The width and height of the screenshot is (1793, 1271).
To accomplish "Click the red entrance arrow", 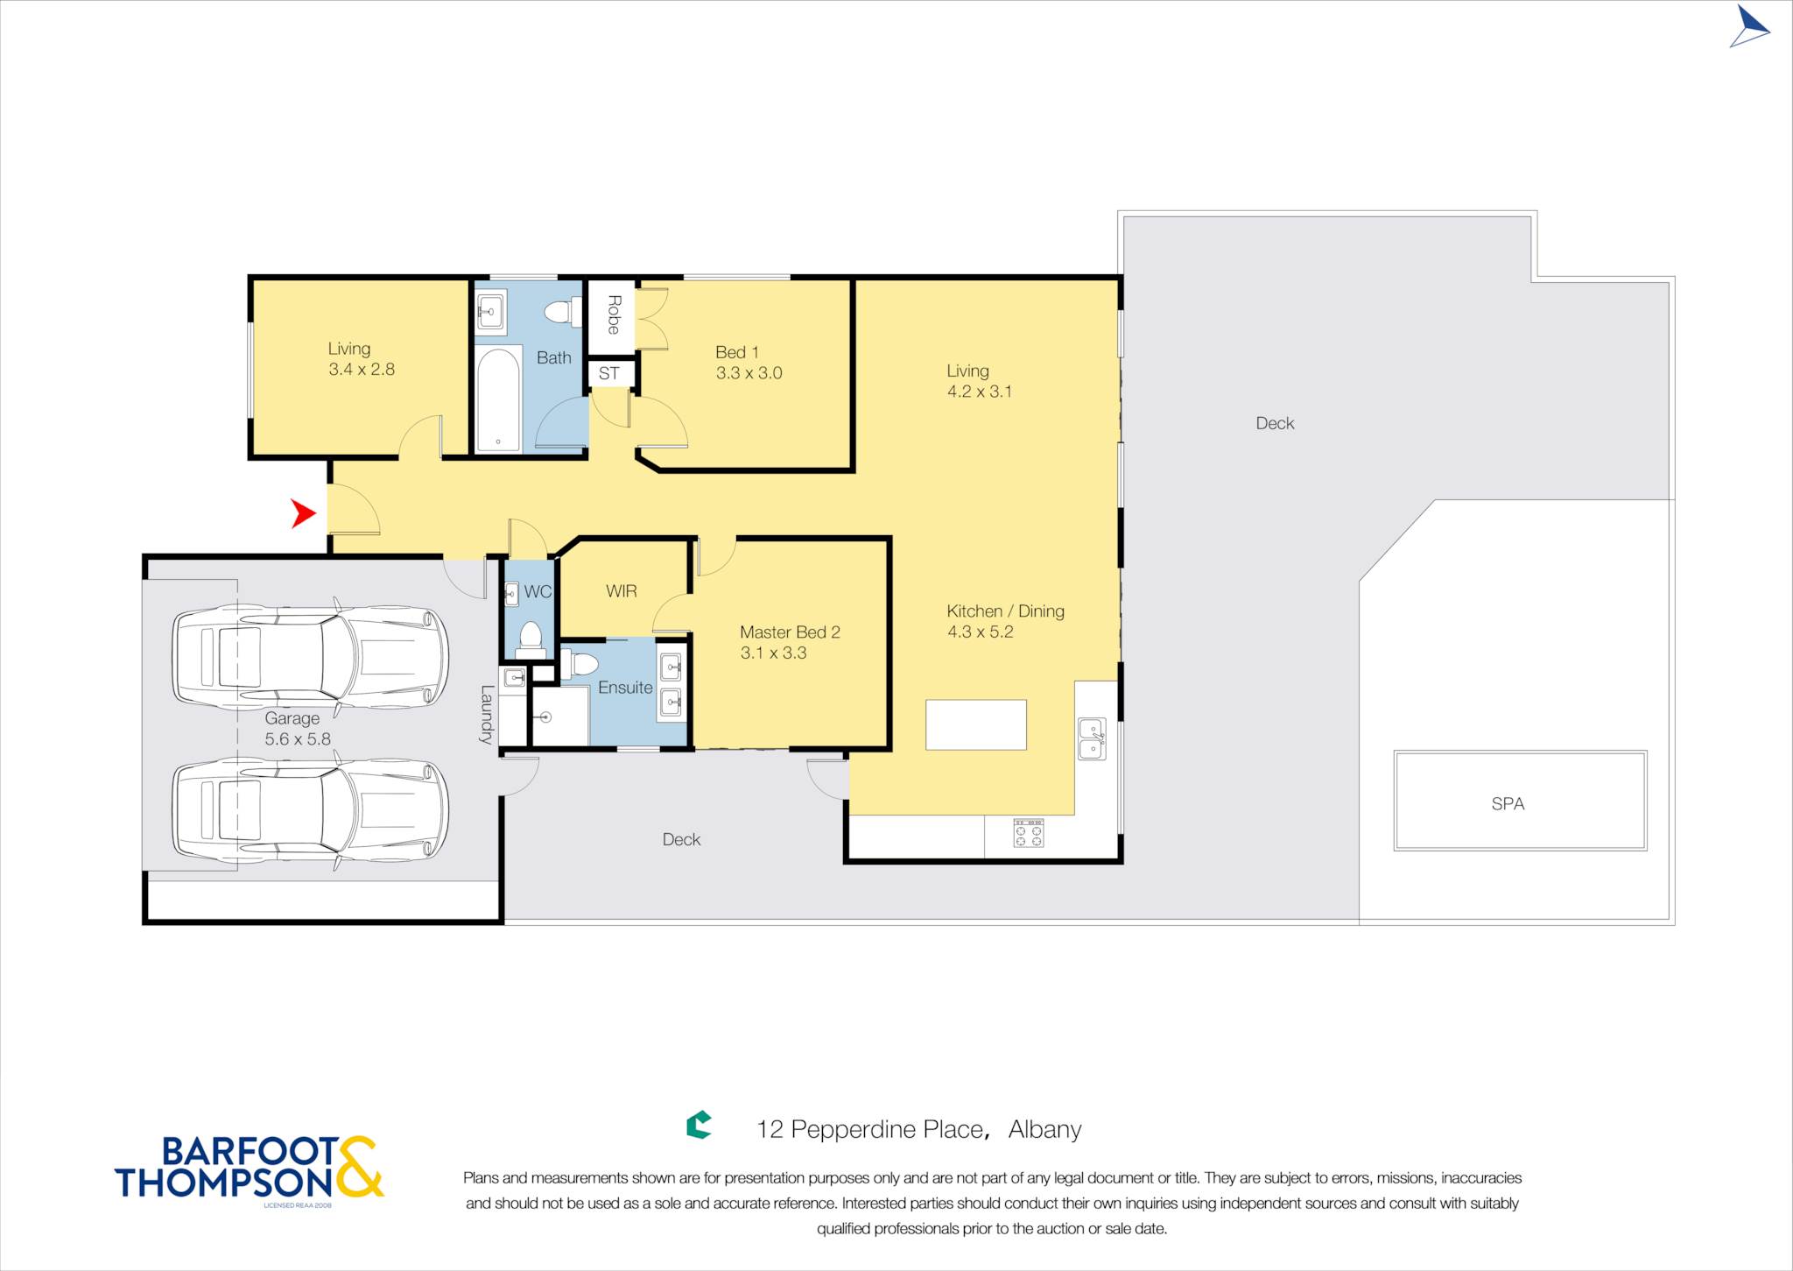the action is (x=302, y=513).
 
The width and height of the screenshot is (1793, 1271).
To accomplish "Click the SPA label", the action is (x=1508, y=803).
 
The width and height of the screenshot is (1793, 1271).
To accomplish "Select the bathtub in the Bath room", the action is (x=498, y=399).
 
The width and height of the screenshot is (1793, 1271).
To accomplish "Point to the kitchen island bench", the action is (x=975, y=724).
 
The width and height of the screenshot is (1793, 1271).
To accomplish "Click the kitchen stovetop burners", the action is (x=1029, y=833).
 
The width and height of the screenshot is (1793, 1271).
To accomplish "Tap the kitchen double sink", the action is (x=1092, y=738).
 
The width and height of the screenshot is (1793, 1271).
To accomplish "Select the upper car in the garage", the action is (x=310, y=655).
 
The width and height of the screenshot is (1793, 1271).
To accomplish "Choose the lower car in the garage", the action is (x=310, y=809).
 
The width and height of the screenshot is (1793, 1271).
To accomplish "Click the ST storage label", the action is (x=609, y=374).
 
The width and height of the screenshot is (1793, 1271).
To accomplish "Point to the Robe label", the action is (x=614, y=314).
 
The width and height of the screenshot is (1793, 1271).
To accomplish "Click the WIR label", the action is (x=622, y=591).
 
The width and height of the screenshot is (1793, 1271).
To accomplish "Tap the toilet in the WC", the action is (x=531, y=639).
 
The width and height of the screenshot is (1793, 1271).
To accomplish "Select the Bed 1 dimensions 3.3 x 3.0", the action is (x=749, y=373).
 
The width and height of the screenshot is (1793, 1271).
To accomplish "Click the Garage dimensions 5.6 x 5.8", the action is (x=298, y=739).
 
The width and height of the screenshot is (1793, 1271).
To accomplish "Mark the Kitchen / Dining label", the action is (x=1005, y=611).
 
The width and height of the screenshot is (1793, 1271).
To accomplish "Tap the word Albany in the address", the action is (x=1044, y=1130).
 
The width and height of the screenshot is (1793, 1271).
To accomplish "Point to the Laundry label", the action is (x=487, y=715).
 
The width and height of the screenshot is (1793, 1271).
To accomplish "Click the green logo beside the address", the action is (x=699, y=1125).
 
